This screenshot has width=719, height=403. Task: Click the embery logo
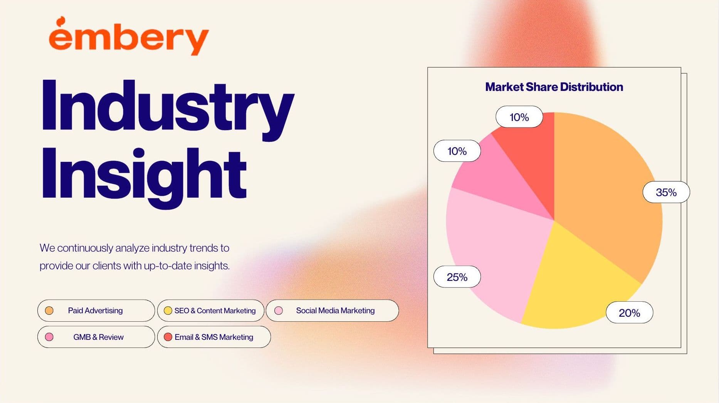[x=129, y=37]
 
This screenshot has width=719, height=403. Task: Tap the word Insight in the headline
[x=144, y=175]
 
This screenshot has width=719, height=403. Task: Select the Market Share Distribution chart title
[x=554, y=87]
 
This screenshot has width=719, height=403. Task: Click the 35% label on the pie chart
[x=666, y=192]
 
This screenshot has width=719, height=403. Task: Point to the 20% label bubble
[x=630, y=312]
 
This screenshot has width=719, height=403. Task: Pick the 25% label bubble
[x=457, y=277]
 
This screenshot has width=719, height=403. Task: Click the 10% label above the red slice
[x=519, y=117]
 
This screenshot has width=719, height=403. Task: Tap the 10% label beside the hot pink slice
[x=457, y=151]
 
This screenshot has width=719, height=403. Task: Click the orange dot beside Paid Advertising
[x=49, y=311]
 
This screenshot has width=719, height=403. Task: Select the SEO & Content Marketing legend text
[x=215, y=311]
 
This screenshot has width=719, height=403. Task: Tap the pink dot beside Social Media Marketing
[x=279, y=311]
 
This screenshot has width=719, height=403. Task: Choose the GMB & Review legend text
[x=98, y=337]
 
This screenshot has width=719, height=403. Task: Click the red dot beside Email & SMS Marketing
[x=168, y=337]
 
